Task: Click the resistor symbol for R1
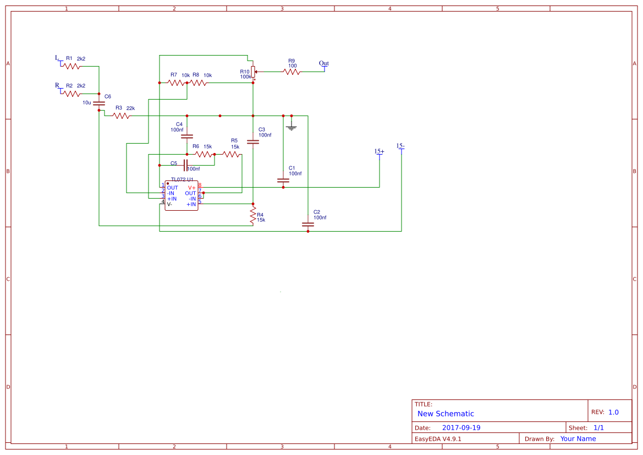[x=71, y=66]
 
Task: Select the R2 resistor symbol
[x=71, y=94]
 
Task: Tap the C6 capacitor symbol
[x=99, y=103]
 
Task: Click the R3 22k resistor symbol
[x=121, y=116]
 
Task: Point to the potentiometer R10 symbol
[x=253, y=72]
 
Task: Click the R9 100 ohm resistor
[x=292, y=72]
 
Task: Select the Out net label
[x=324, y=64]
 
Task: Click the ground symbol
[x=292, y=127]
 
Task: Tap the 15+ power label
[x=379, y=152]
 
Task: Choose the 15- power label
[x=400, y=146]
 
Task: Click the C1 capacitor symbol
[x=283, y=180]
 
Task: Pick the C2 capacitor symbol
[x=307, y=224]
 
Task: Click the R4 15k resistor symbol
[x=253, y=215]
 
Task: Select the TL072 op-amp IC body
[x=181, y=195]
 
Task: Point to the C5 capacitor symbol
[x=185, y=165]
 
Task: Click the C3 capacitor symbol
[x=253, y=141]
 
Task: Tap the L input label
[x=57, y=58]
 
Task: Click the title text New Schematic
[x=446, y=414]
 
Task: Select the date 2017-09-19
[x=461, y=428]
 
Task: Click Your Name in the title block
[x=578, y=439]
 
